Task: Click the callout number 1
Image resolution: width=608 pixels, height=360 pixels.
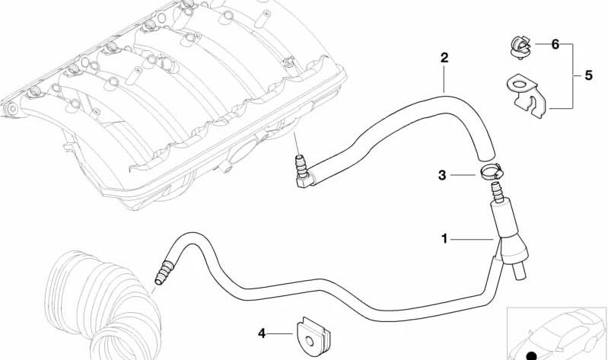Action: pos(445,239)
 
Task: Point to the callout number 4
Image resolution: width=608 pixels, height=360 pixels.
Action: pos(262,333)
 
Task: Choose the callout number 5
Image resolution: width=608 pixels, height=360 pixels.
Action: pos(587,76)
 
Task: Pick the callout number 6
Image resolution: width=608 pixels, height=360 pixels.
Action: pos(555,45)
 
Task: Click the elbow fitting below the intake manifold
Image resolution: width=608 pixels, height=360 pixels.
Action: pos(302,169)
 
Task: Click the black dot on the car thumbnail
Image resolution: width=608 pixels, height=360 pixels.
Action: pos(531,355)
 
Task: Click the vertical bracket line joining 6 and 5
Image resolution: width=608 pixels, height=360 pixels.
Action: pos(573,76)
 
